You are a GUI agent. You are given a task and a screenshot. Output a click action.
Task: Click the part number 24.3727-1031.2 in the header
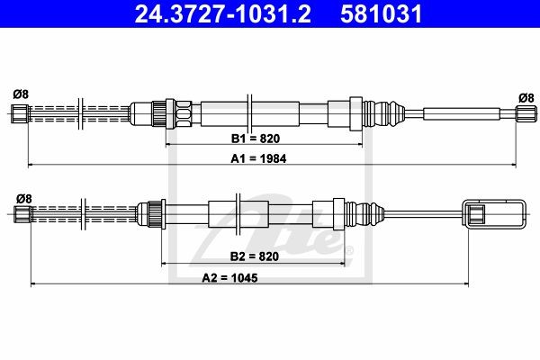coord(222,14)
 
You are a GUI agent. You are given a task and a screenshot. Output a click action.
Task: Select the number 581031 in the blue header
coord(381,14)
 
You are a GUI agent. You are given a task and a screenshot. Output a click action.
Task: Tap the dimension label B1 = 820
coord(256,139)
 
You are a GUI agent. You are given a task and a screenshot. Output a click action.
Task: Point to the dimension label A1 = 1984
coord(258,158)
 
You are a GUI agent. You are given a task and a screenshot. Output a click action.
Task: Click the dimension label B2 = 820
coord(254,256)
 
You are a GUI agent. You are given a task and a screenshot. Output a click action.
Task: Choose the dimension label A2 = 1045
coord(229,278)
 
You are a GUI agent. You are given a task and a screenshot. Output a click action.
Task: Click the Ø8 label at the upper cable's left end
coord(21,94)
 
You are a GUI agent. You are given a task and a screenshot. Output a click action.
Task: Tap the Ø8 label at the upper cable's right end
coord(526,98)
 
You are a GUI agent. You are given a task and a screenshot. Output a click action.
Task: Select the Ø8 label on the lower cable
coord(24,199)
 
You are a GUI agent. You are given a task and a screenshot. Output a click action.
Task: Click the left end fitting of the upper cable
coord(20,113)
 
